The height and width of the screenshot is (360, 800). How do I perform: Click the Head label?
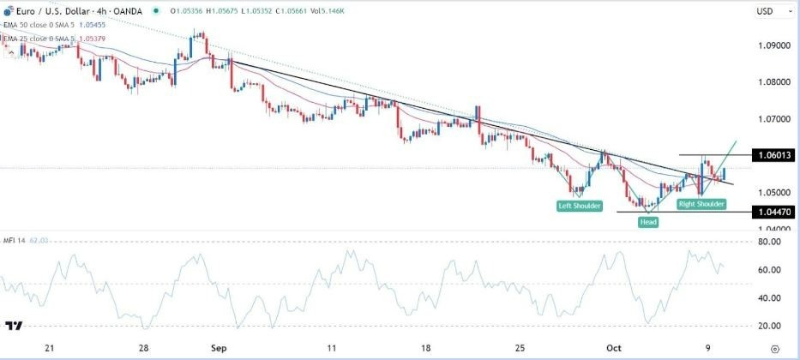tap(647, 222)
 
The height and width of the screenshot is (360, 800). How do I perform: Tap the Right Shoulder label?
tap(701, 205)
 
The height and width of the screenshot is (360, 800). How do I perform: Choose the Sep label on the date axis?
tap(218, 349)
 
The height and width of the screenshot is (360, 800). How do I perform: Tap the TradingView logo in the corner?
tap(14, 327)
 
